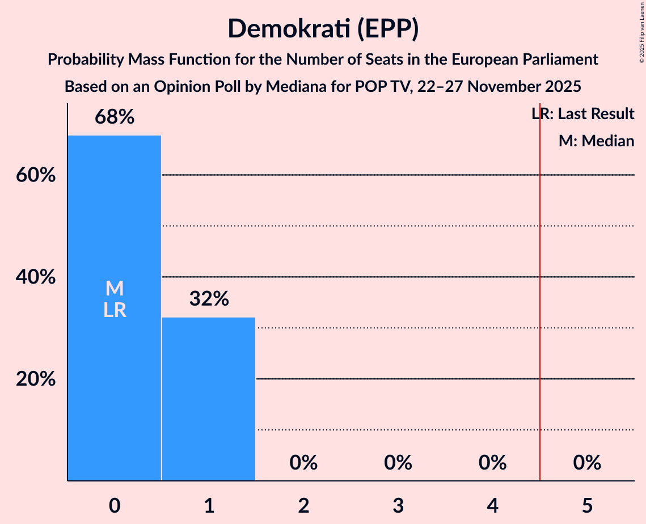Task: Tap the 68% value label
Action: (114, 117)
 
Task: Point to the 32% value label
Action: (209, 299)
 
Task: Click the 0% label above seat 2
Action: (303, 463)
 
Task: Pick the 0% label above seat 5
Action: (586, 463)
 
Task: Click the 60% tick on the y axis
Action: (35, 175)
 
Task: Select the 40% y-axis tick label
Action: (35, 277)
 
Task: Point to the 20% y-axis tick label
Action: (35, 379)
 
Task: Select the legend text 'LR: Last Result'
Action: (582, 114)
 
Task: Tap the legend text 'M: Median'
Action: (596, 141)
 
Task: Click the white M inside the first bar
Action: (114, 289)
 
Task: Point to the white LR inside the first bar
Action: (114, 310)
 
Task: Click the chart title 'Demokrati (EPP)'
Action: (323, 29)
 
